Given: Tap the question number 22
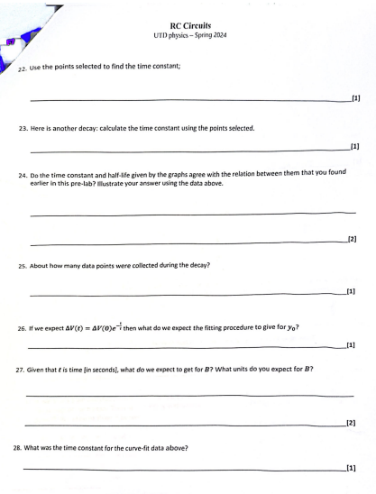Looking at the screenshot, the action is pos(24,78).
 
